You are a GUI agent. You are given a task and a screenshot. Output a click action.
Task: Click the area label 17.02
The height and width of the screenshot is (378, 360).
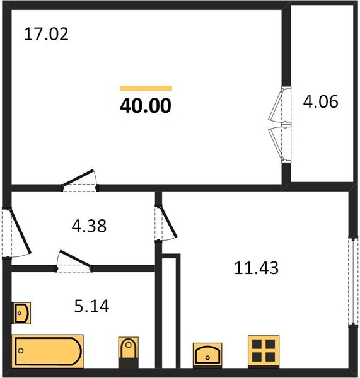(x=46, y=34)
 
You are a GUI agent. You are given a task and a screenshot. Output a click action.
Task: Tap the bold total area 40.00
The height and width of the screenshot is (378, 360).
(x=146, y=106)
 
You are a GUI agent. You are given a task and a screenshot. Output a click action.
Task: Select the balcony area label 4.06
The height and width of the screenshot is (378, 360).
(x=320, y=101)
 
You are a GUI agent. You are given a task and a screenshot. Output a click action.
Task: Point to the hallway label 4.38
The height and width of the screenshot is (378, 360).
(x=89, y=226)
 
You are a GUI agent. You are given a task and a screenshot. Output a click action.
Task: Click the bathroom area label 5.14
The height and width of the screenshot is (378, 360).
(x=91, y=306)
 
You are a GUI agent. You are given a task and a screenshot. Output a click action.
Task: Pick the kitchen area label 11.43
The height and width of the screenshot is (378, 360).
(x=256, y=268)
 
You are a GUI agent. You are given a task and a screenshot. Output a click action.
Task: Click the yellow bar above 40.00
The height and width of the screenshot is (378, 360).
(x=146, y=88)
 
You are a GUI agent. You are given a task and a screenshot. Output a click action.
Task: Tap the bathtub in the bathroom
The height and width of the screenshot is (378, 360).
(x=47, y=351)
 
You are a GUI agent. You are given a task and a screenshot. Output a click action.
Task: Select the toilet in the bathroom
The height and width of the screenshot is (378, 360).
(x=129, y=352)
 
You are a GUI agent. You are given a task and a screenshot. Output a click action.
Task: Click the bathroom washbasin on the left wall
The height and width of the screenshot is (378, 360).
(x=21, y=313)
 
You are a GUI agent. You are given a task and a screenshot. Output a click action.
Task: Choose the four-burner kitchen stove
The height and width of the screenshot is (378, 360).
(x=264, y=351)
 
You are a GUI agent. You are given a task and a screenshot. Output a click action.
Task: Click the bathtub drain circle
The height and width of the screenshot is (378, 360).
(x=21, y=351)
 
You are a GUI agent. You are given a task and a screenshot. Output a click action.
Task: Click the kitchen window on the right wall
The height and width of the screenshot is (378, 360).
(x=353, y=281)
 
